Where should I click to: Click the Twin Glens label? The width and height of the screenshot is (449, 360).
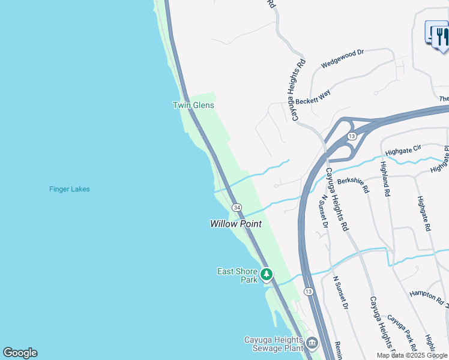coord(193,105)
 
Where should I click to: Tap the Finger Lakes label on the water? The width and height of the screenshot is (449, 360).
coord(70,189)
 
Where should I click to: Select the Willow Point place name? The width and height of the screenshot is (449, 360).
coord(236,224)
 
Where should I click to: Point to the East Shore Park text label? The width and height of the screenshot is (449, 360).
coord(237,275)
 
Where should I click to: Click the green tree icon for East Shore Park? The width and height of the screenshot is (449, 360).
coord(266,275)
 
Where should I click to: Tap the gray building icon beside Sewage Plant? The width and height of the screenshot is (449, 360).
coord(312,343)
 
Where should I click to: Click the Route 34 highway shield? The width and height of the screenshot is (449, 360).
coord(238,207)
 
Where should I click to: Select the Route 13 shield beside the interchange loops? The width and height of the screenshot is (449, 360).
coord(352,136)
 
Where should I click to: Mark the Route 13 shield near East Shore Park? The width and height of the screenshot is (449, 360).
coord(308,291)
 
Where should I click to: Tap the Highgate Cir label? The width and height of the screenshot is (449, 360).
coord(405,149)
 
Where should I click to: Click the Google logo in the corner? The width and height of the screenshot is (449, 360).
coord(20,353)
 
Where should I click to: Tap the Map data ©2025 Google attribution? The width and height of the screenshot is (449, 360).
coord(412,355)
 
